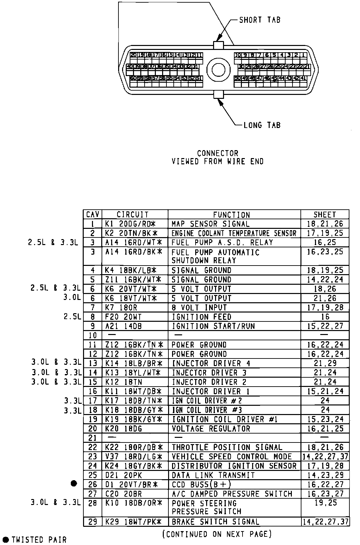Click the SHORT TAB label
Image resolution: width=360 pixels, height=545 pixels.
click(260, 20)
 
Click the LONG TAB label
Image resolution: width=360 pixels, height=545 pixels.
click(262, 125)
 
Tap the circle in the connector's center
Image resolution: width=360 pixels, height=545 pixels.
click(218, 69)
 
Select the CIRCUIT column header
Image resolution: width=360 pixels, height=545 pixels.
click(133, 215)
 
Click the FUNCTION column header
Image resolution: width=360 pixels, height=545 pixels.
click(231, 215)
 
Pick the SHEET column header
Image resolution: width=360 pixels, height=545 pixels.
click(325, 215)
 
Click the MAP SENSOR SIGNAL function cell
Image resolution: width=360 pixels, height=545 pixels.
click(210, 224)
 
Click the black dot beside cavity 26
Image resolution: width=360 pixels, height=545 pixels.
click(74, 484)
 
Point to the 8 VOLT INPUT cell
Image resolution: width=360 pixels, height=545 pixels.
click(199, 308)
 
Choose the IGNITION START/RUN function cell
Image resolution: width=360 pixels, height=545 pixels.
click(213, 326)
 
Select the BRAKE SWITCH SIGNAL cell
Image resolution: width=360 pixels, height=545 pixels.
click(215, 522)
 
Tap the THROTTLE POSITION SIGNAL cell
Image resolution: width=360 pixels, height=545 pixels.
click(227, 447)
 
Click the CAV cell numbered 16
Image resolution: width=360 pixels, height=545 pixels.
click(93, 391)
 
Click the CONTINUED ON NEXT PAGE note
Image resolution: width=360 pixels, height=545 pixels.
click(217, 534)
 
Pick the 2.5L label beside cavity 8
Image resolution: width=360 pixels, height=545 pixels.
click(72, 317)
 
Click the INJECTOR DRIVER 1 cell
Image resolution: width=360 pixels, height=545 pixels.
click(211, 391)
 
